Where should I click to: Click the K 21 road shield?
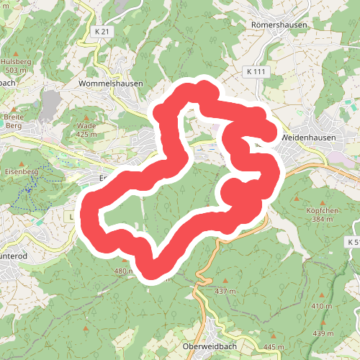click(x=104, y=32)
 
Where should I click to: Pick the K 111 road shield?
click(x=256, y=72)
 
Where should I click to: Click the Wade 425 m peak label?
click(x=86, y=130)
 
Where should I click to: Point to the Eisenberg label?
click(x=21, y=172)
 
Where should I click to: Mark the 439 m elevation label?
click(x=323, y=333)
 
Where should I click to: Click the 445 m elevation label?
click(x=274, y=347)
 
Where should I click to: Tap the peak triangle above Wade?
click(x=86, y=117)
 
